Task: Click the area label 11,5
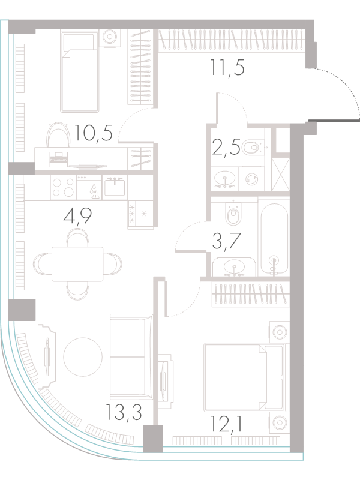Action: point(227,68)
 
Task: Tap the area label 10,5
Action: point(93,133)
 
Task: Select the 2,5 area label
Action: point(226,148)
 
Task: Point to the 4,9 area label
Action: point(77,217)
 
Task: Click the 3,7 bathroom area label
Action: point(227,242)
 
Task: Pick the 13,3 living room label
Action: point(124,412)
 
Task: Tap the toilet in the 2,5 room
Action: point(252,148)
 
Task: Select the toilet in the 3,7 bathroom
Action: point(233,213)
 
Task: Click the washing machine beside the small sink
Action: point(251,179)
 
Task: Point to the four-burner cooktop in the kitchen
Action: point(63,187)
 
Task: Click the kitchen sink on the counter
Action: point(115,187)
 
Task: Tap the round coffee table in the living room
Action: point(83,356)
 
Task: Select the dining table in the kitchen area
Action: point(77,264)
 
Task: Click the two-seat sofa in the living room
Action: point(131,356)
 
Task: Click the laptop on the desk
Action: point(58,159)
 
